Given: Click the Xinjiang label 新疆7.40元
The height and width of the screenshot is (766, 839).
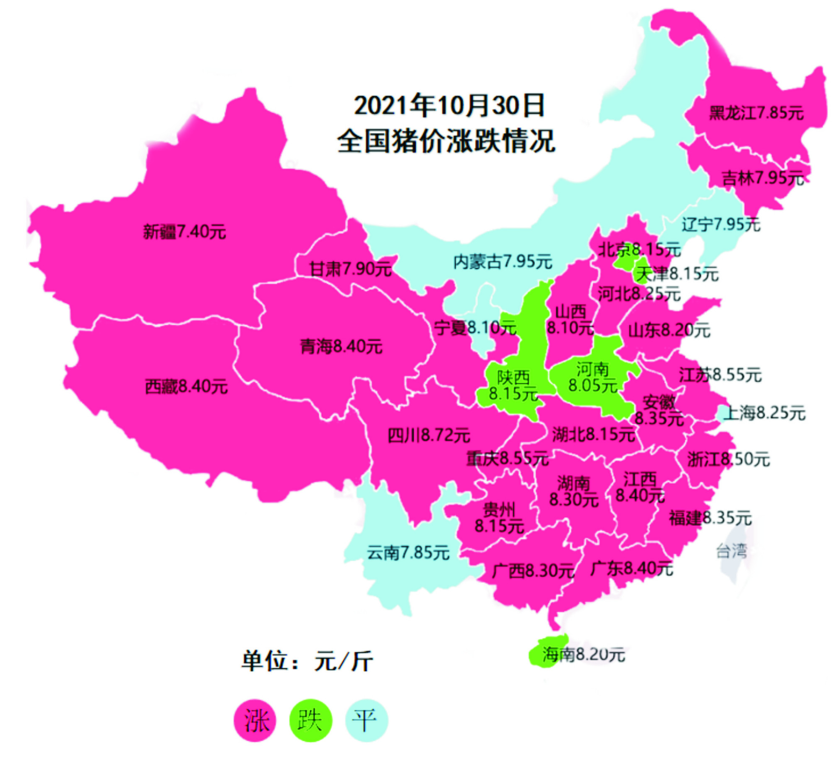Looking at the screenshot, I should pyautogui.click(x=184, y=232).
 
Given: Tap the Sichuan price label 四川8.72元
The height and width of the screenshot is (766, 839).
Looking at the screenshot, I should pyautogui.click(x=428, y=435).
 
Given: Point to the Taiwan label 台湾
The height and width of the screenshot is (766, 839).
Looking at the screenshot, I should pyautogui.click(x=731, y=551).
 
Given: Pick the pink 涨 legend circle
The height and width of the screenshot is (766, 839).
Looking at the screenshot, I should pyautogui.click(x=255, y=720).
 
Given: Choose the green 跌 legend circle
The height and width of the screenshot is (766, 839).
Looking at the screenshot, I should pyautogui.click(x=310, y=720).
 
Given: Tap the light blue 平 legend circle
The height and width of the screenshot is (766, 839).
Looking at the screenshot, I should pyautogui.click(x=366, y=720).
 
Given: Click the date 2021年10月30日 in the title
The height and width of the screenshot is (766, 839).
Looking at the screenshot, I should pyautogui.click(x=449, y=105).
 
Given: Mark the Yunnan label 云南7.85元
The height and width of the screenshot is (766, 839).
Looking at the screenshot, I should pyautogui.click(x=408, y=552).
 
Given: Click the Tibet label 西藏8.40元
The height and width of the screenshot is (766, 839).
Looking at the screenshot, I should pyautogui.click(x=186, y=386).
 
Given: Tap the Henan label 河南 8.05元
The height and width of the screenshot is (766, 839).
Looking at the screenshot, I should pyautogui.click(x=592, y=378).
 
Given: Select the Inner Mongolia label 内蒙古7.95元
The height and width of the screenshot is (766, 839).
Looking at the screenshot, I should pyautogui.click(x=503, y=262).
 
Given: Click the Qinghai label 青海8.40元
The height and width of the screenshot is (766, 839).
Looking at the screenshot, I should pyautogui.click(x=341, y=347).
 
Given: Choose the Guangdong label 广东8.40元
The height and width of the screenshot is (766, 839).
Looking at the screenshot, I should pyautogui.click(x=631, y=569).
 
